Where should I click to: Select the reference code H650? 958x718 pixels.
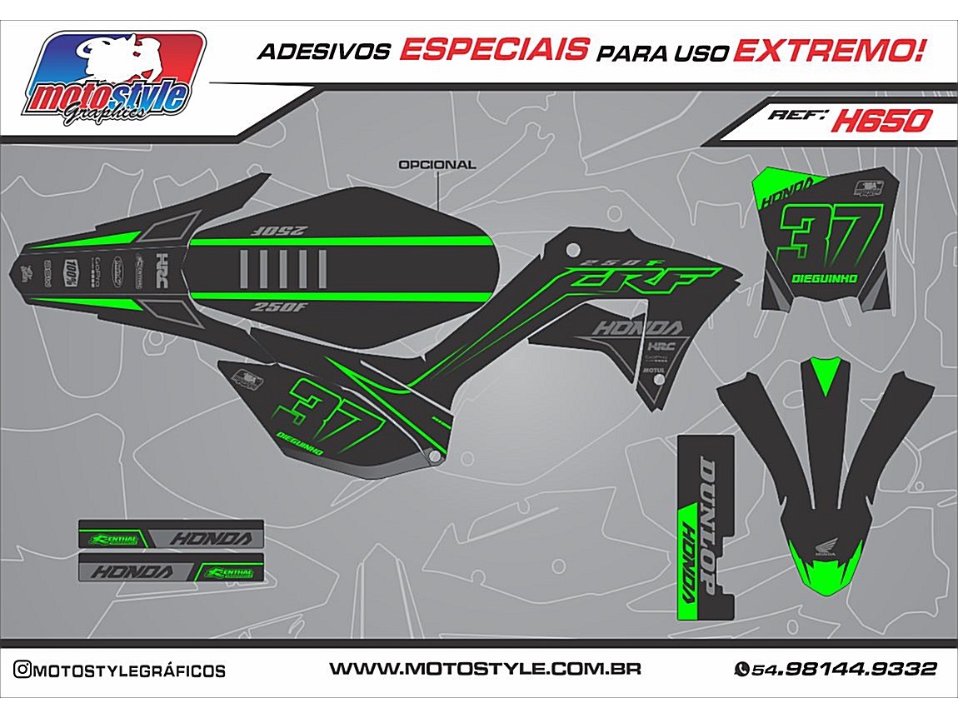point(881,122)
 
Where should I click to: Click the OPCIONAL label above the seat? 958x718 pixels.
point(437,165)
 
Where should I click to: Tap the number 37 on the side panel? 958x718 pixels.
point(327,406)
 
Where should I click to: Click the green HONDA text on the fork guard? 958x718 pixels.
point(690,558)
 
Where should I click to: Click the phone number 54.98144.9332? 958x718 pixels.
point(844,669)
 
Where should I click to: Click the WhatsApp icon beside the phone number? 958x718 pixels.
point(741,669)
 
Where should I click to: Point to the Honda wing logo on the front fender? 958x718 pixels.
point(822,546)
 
